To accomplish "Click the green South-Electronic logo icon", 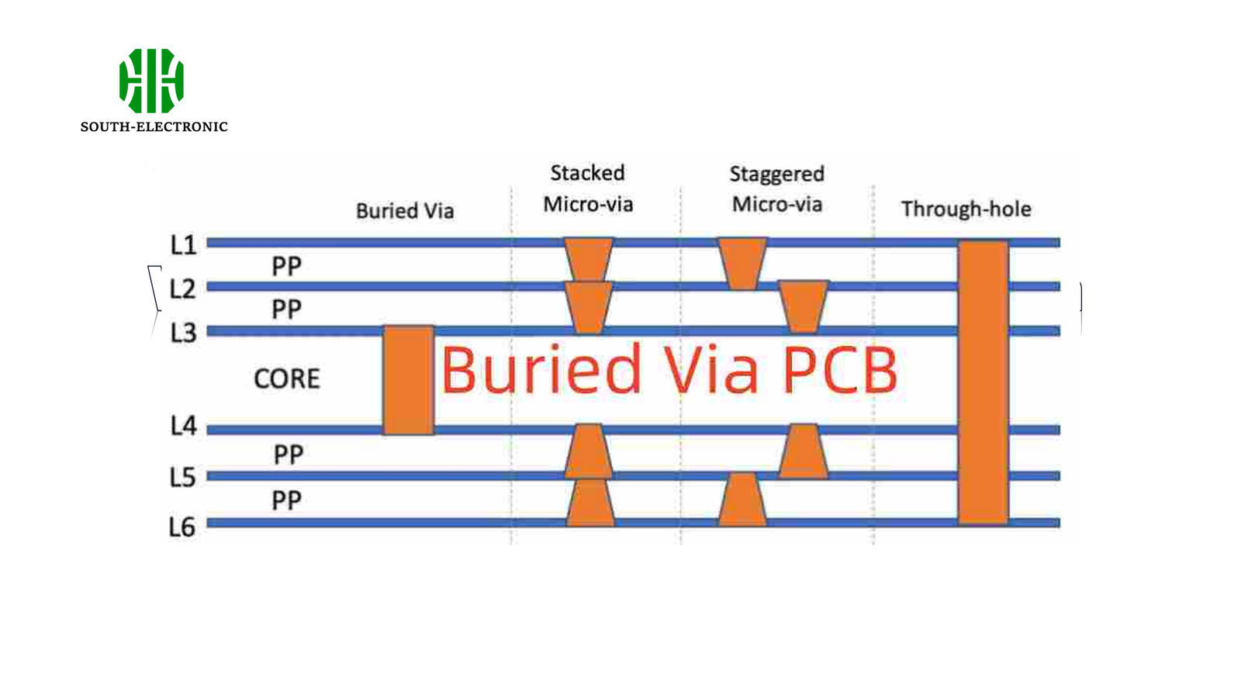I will click(x=151, y=81).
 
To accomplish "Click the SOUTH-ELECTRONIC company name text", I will click(x=154, y=126).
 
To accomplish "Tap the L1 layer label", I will click(x=183, y=245).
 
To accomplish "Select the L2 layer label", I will click(x=183, y=289).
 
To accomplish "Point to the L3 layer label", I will click(x=183, y=333).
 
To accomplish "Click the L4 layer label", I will click(x=183, y=426).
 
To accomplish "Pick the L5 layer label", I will click(x=182, y=477).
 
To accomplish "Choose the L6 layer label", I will click(x=182, y=527).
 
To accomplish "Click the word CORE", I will click(x=286, y=378).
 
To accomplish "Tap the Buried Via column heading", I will click(x=404, y=211).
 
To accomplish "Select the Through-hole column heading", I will click(x=966, y=209).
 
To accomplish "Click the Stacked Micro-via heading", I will click(x=587, y=188).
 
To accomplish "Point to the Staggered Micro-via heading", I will click(x=776, y=189).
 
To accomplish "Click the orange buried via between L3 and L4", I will click(x=408, y=380).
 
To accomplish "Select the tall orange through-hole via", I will click(x=983, y=382).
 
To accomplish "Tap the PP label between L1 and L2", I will click(x=286, y=267).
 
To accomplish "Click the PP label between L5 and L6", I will click(x=286, y=500).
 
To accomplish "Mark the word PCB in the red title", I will click(x=839, y=370).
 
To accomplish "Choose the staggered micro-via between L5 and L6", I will click(x=742, y=499).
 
